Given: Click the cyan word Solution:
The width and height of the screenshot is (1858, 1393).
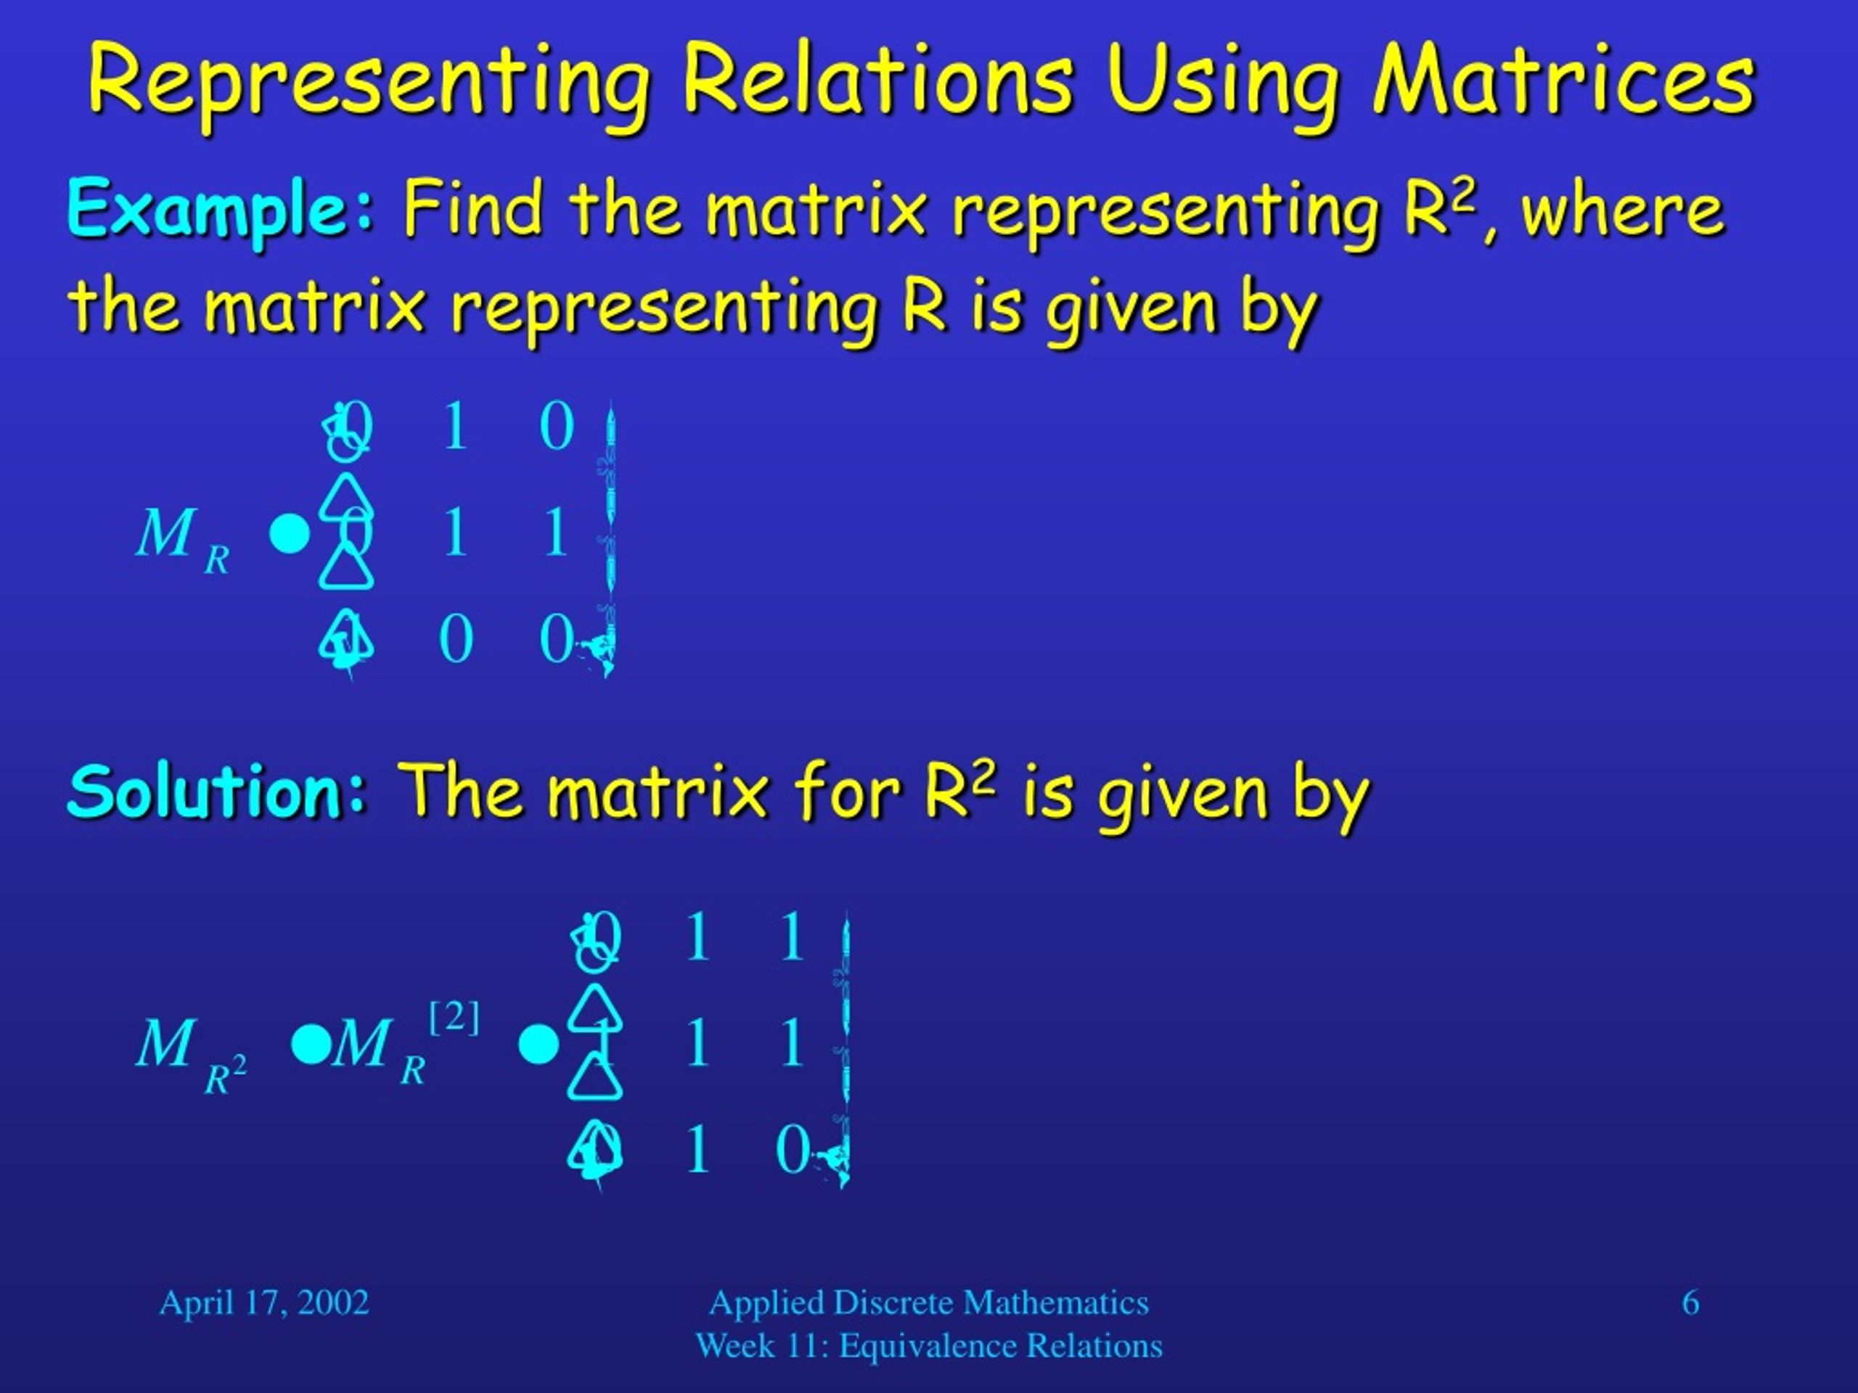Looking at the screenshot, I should click(x=218, y=791).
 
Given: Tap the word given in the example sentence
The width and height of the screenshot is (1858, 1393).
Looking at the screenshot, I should click(x=1131, y=305).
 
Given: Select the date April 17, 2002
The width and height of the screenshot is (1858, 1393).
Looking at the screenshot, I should click(x=263, y=1302).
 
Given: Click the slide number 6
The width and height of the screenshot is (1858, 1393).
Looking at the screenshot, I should click(x=1690, y=1302).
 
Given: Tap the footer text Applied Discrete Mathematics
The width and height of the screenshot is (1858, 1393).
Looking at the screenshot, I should click(x=928, y=1302).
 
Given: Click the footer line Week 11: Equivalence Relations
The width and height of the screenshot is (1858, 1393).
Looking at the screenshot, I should click(x=928, y=1346).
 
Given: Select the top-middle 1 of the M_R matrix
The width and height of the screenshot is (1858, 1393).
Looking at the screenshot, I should click(x=454, y=427).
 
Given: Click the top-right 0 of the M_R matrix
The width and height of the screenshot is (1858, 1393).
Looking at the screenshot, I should click(x=556, y=427).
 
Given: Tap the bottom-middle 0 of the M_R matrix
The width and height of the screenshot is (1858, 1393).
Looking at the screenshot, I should click(x=455, y=639).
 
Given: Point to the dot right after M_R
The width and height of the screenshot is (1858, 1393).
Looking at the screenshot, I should click(x=290, y=534).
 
